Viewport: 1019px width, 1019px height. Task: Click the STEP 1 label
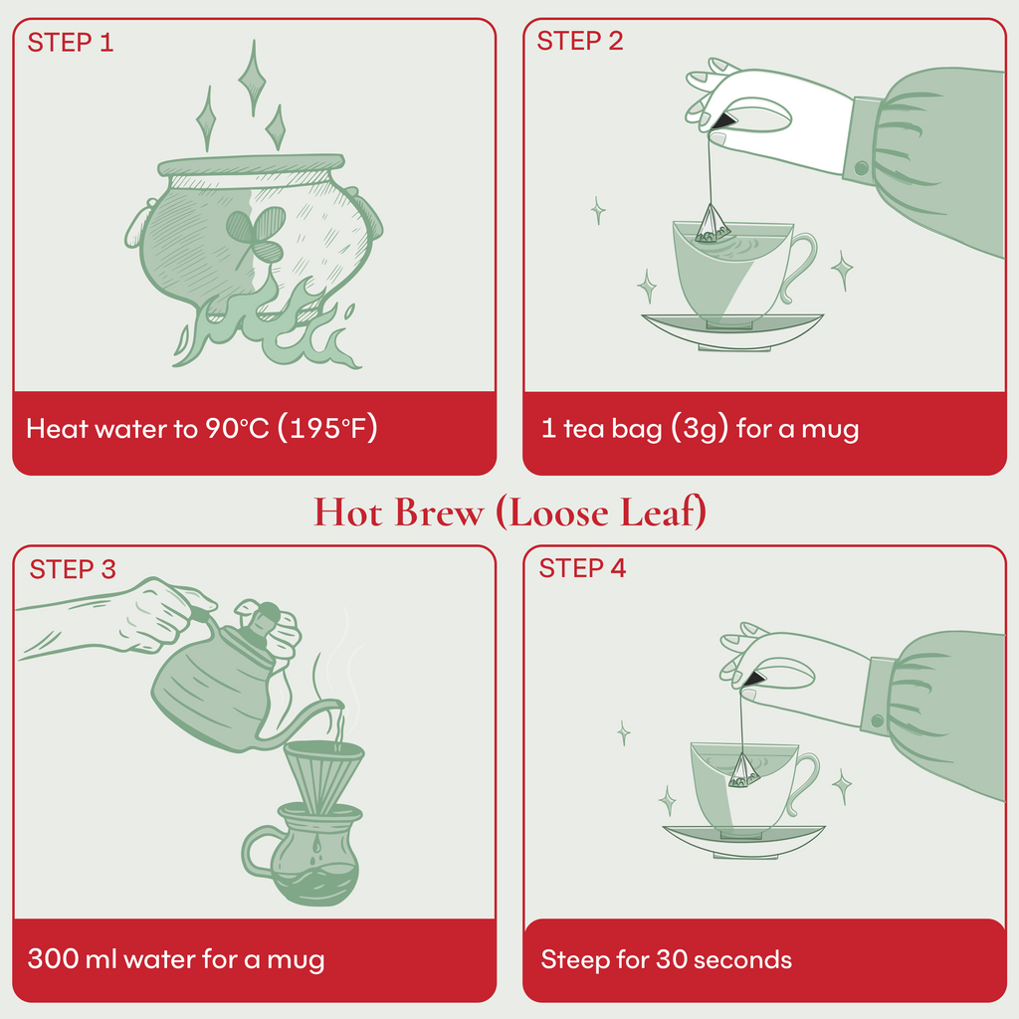(x=71, y=43)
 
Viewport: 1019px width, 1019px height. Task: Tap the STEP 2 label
(x=580, y=42)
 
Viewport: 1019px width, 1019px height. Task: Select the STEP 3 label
(x=73, y=569)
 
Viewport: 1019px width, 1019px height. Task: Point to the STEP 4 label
(x=583, y=569)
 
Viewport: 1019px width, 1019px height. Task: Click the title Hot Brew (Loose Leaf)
(x=509, y=511)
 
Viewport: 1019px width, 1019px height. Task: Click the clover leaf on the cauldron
(x=252, y=232)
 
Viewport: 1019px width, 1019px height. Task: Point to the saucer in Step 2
(x=731, y=327)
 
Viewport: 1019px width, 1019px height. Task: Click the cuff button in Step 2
(x=861, y=167)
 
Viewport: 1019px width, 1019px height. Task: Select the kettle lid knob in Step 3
(x=262, y=623)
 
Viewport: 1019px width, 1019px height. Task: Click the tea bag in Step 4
(x=742, y=770)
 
